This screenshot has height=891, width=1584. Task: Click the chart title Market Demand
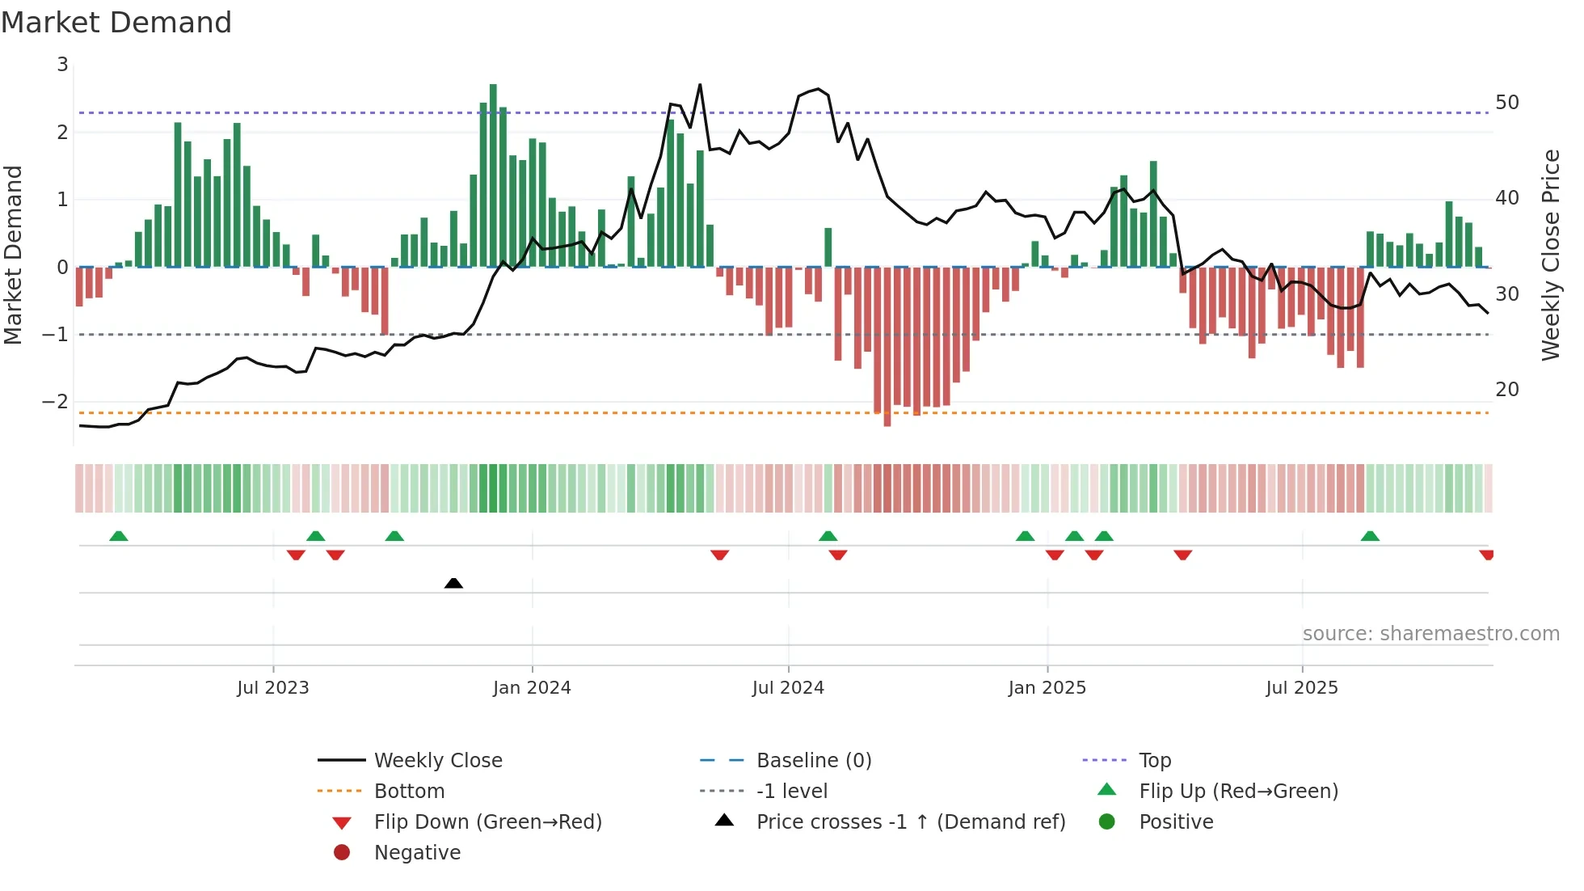pyautogui.click(x=116, y=23)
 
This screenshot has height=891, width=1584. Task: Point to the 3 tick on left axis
pyautogui.click(x=62, y=65)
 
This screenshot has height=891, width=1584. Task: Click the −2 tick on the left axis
pyautogui.click(x=56, y=402)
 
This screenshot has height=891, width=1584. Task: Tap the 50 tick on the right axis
pyautogui.click(x=1506, y=103)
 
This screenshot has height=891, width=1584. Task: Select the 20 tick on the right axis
pyautogui.click(x=1506, y=390)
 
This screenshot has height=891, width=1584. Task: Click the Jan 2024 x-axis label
pyautogui.click(x=532, y=688)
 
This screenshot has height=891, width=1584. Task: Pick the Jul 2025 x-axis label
pyautogui.click(x=1301, y=688)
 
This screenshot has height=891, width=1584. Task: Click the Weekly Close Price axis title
pyautogui.click(x=1550, y=255)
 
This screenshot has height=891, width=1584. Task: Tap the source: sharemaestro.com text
pyautogui.click(x=1430, y=634)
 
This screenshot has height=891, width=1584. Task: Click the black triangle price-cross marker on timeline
pyautogui.click(x=453, y=583)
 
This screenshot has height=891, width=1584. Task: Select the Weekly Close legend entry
pyautogui.click(x=437, y=761)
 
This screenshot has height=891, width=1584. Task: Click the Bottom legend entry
pyautogui.click(x=409, y=792)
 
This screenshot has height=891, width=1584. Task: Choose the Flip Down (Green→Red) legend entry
pyautogui.click(x=487, y=822)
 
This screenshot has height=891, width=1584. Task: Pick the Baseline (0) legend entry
pyautogui.click(x=813, y=761)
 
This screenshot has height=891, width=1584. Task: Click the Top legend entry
pyautogui.click(x=1154, y=761)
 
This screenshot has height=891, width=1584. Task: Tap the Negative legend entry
pyautogui.click(x=417, y=853)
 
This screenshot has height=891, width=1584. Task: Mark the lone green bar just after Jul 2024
pyautogui.click(x=828, y=247)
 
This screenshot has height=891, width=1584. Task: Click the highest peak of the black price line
pyautogui.click(x=700, y=85)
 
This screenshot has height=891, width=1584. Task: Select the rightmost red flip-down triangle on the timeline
pyautogui.click(x=1486, y=555)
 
